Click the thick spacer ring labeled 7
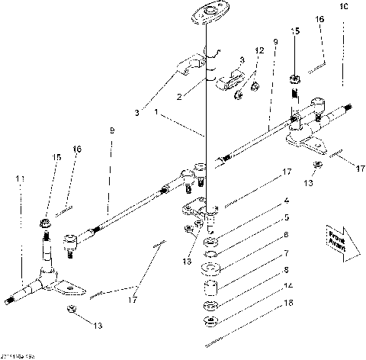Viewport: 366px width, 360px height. (210, 269)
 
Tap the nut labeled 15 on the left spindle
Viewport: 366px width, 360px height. (46, 223)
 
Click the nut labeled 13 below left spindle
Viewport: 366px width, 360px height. (71, 310)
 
